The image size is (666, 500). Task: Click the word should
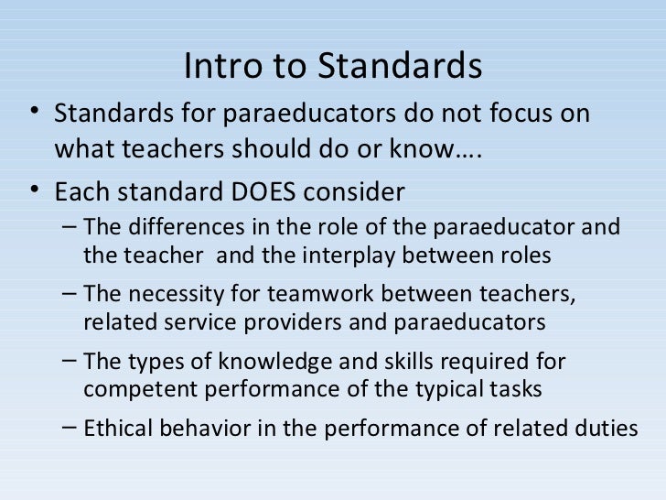[275, 148]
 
